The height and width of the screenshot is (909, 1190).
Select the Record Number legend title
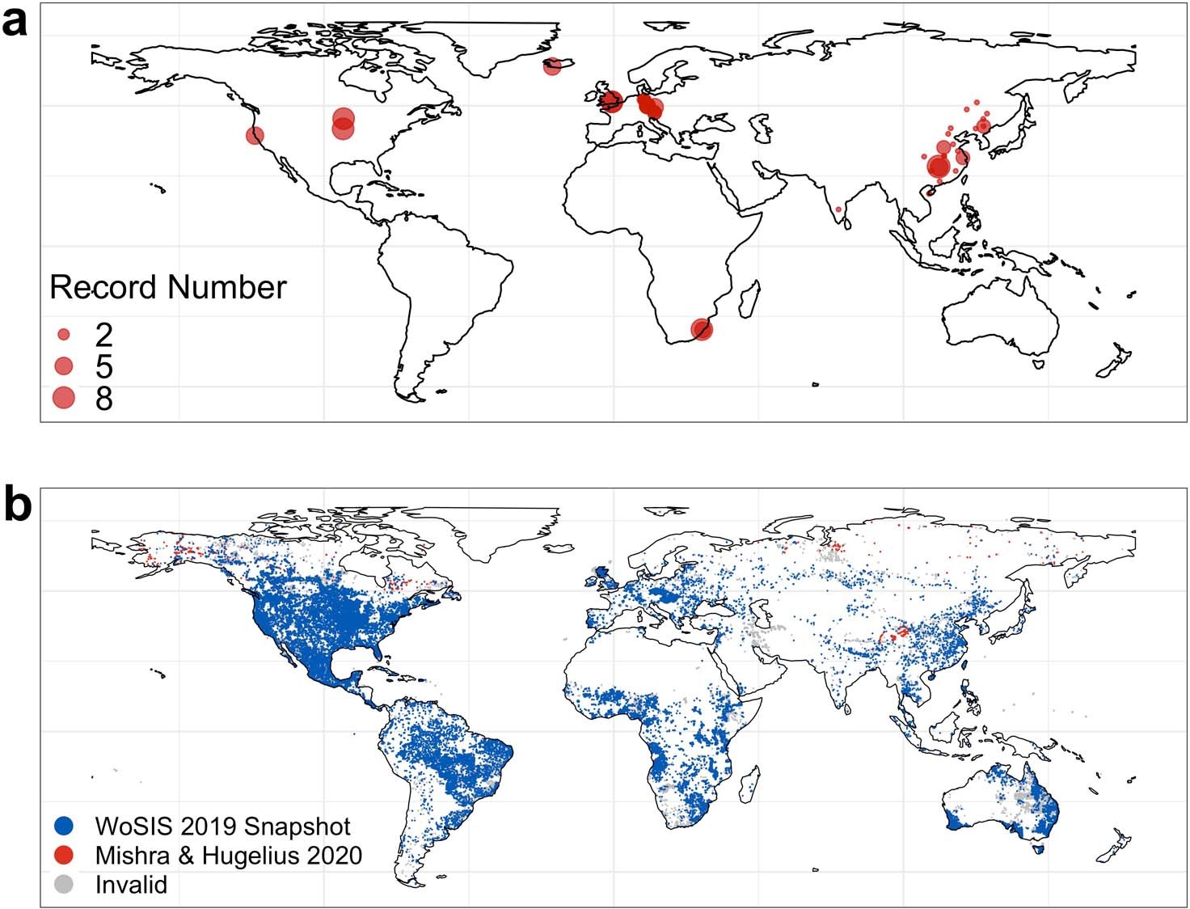point(168,288)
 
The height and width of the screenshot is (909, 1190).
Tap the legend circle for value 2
point(64,334)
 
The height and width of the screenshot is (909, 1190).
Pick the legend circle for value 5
point(63,366)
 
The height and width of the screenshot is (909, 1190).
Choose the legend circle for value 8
point(63,397)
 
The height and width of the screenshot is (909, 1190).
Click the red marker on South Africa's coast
point(702,329)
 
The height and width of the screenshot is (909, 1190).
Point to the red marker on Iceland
point(552,66)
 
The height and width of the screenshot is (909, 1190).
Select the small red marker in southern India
point(838,209)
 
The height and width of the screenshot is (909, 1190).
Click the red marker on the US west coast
point(255,135)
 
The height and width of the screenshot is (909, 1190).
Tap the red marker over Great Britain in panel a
point(610,100)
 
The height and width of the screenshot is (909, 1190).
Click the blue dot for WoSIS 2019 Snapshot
point(64,826)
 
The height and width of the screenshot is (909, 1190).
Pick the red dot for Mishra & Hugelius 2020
point(64,855)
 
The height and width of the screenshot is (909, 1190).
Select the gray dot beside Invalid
point(64,884)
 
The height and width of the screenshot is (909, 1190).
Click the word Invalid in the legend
point(131,885)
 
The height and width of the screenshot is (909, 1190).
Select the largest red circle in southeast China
point(939,167)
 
